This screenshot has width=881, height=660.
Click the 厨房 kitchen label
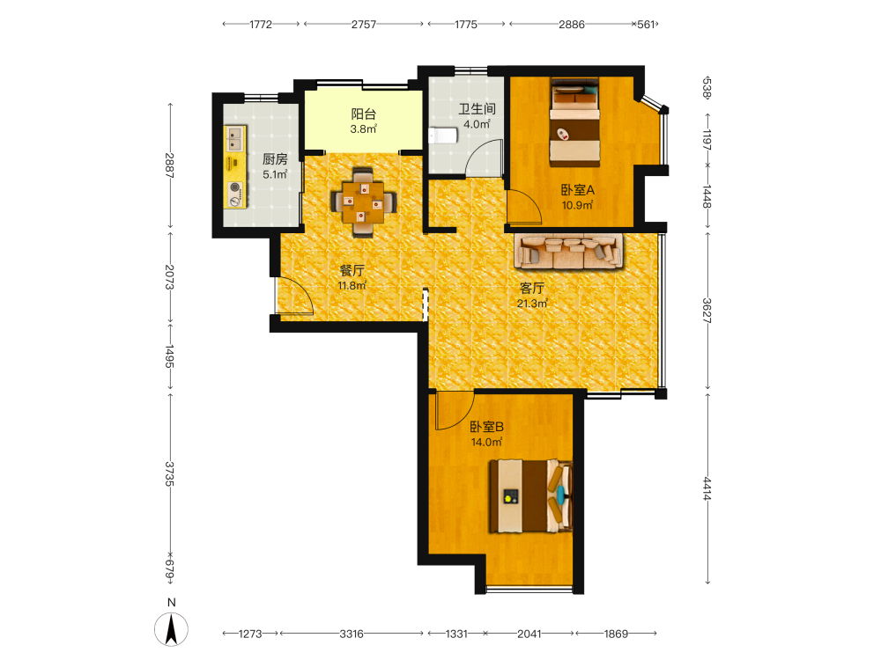click(275, 159)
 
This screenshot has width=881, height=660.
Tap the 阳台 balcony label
click(364, 114)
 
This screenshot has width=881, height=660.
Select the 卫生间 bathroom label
click(477, 109)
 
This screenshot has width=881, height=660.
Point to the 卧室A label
click(578, 190)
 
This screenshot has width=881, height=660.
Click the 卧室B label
click(486, 427)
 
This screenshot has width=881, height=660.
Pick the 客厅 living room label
click(532, 289)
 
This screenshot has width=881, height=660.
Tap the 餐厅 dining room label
click(352, 270)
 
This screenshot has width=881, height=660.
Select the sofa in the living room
click(569, 251)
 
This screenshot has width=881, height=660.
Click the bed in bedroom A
click(574, 122)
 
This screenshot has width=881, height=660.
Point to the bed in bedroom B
click(531, 496)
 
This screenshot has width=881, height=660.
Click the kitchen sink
click(235, 139)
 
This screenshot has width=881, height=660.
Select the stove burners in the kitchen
click(235, 194)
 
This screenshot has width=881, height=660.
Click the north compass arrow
click(172, 628)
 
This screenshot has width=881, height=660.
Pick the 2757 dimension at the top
click(364, 25)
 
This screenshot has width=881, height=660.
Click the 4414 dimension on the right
click(707, 488)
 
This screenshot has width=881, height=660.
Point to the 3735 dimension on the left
click(170, 474)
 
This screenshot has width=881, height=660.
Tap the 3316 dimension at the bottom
click(352, 634)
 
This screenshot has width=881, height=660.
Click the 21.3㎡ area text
click(532, 304)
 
